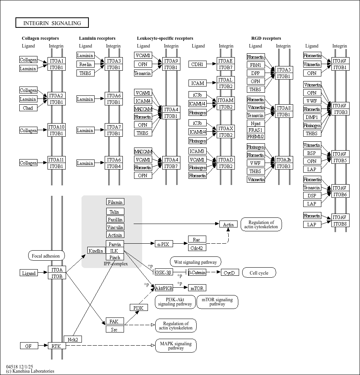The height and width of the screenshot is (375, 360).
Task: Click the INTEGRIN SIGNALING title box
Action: coord(52,23)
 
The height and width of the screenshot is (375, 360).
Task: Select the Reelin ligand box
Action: coord(85,64)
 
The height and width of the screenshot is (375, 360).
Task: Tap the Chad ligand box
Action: coord(28,108)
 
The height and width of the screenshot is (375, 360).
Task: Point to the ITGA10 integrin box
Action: coord(56,127)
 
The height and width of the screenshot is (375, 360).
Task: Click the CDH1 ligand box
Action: coord(197,64)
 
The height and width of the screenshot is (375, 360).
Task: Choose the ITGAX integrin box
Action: coord(226,128)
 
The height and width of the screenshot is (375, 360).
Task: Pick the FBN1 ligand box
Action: coord(256,65)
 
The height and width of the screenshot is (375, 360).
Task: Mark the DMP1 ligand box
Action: coord(312,117)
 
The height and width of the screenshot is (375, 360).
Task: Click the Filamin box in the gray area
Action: coord(115,202)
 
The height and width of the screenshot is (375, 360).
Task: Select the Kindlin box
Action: coord(96,251)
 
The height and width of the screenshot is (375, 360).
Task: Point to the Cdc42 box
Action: coord(197,248)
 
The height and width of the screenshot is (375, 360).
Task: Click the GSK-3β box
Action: coord(163,272)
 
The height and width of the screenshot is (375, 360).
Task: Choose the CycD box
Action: coord(230,273)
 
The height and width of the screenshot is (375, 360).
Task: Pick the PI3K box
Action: coord(138,308)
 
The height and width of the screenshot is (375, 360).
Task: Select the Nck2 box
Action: coord(73,339)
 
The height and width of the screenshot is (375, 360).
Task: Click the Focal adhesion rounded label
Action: coord(46,256)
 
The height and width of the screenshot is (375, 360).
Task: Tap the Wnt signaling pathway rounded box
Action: coord(195,262)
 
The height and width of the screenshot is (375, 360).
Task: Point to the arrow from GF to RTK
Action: coord(42,346)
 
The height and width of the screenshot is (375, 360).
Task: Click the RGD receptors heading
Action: coord(266,38)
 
